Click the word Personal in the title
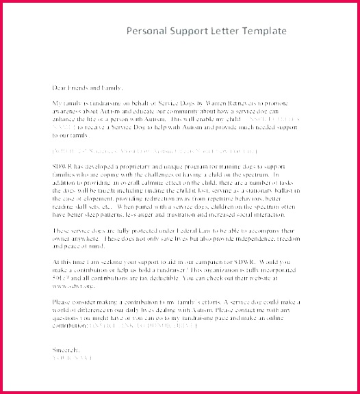[145, 32]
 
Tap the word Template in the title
[263, 32]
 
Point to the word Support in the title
[187, 32]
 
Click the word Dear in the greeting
[60, 88]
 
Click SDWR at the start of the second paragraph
[62, 148]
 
